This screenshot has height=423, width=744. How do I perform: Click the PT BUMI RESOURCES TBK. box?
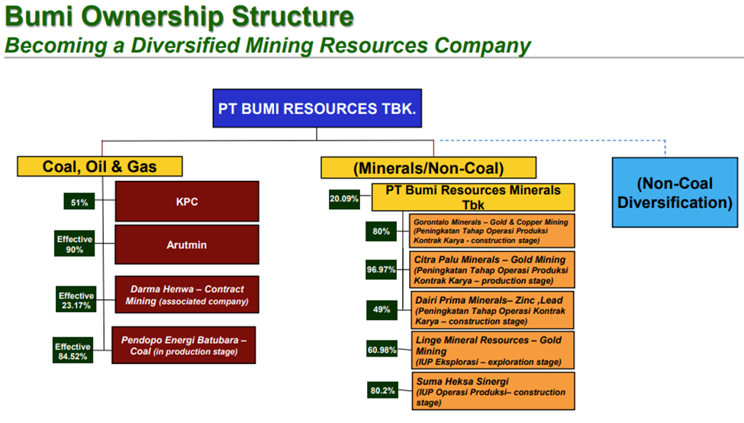(x=317, y=108)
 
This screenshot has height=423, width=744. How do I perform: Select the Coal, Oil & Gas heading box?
(x=100, y=166)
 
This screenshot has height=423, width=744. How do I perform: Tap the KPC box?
(x=187, y=202)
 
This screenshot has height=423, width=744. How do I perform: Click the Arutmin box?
(x=187, y=244)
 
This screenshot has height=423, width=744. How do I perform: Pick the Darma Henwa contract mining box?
(x=187, y=295)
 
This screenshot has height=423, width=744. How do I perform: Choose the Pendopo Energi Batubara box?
(x=184, y=345)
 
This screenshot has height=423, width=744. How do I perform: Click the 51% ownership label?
(x=79, y=202)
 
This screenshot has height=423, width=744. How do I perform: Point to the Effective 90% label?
(x=75, y=244)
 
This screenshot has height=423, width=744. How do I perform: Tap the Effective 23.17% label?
(x=76, y=299)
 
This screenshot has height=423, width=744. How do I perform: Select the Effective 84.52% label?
(x=72, y=350)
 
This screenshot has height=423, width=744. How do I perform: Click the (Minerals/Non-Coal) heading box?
(x=428, y=167)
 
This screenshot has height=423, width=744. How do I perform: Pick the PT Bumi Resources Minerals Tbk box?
(x=473, y=197)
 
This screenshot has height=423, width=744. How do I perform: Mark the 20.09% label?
(x=344, y=199)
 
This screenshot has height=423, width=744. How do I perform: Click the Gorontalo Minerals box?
(x=492, y=231)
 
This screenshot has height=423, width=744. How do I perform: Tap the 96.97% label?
(x=381, y=270)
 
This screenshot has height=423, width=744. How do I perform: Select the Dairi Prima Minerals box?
(x=492, y=311)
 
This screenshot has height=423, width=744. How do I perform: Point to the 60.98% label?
(x=382, y=350)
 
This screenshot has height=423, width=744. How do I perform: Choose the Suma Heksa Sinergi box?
(x=494, y=391)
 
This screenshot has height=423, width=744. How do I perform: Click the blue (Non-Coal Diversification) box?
(x=675, y=192)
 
